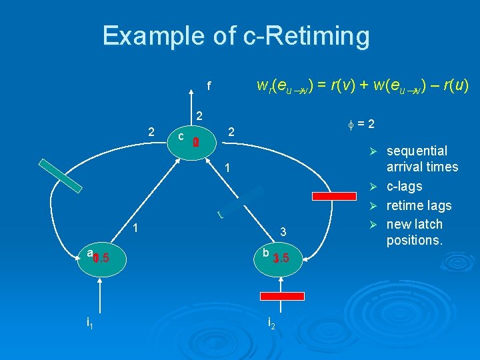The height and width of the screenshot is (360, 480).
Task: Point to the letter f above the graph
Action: pos(208,86)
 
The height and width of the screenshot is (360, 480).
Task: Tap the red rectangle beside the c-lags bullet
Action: pos(336,196)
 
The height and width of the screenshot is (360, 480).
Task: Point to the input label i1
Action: pos(90,323)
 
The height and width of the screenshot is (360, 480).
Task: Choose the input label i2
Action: pos(271,323)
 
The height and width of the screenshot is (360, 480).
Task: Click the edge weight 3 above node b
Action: pos(283,232)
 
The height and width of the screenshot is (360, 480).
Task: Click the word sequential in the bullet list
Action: pos(417,151)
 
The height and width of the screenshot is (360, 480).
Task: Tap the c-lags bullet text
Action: pos(404,186)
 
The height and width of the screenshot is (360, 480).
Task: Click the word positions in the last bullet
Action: pos(414,239)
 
